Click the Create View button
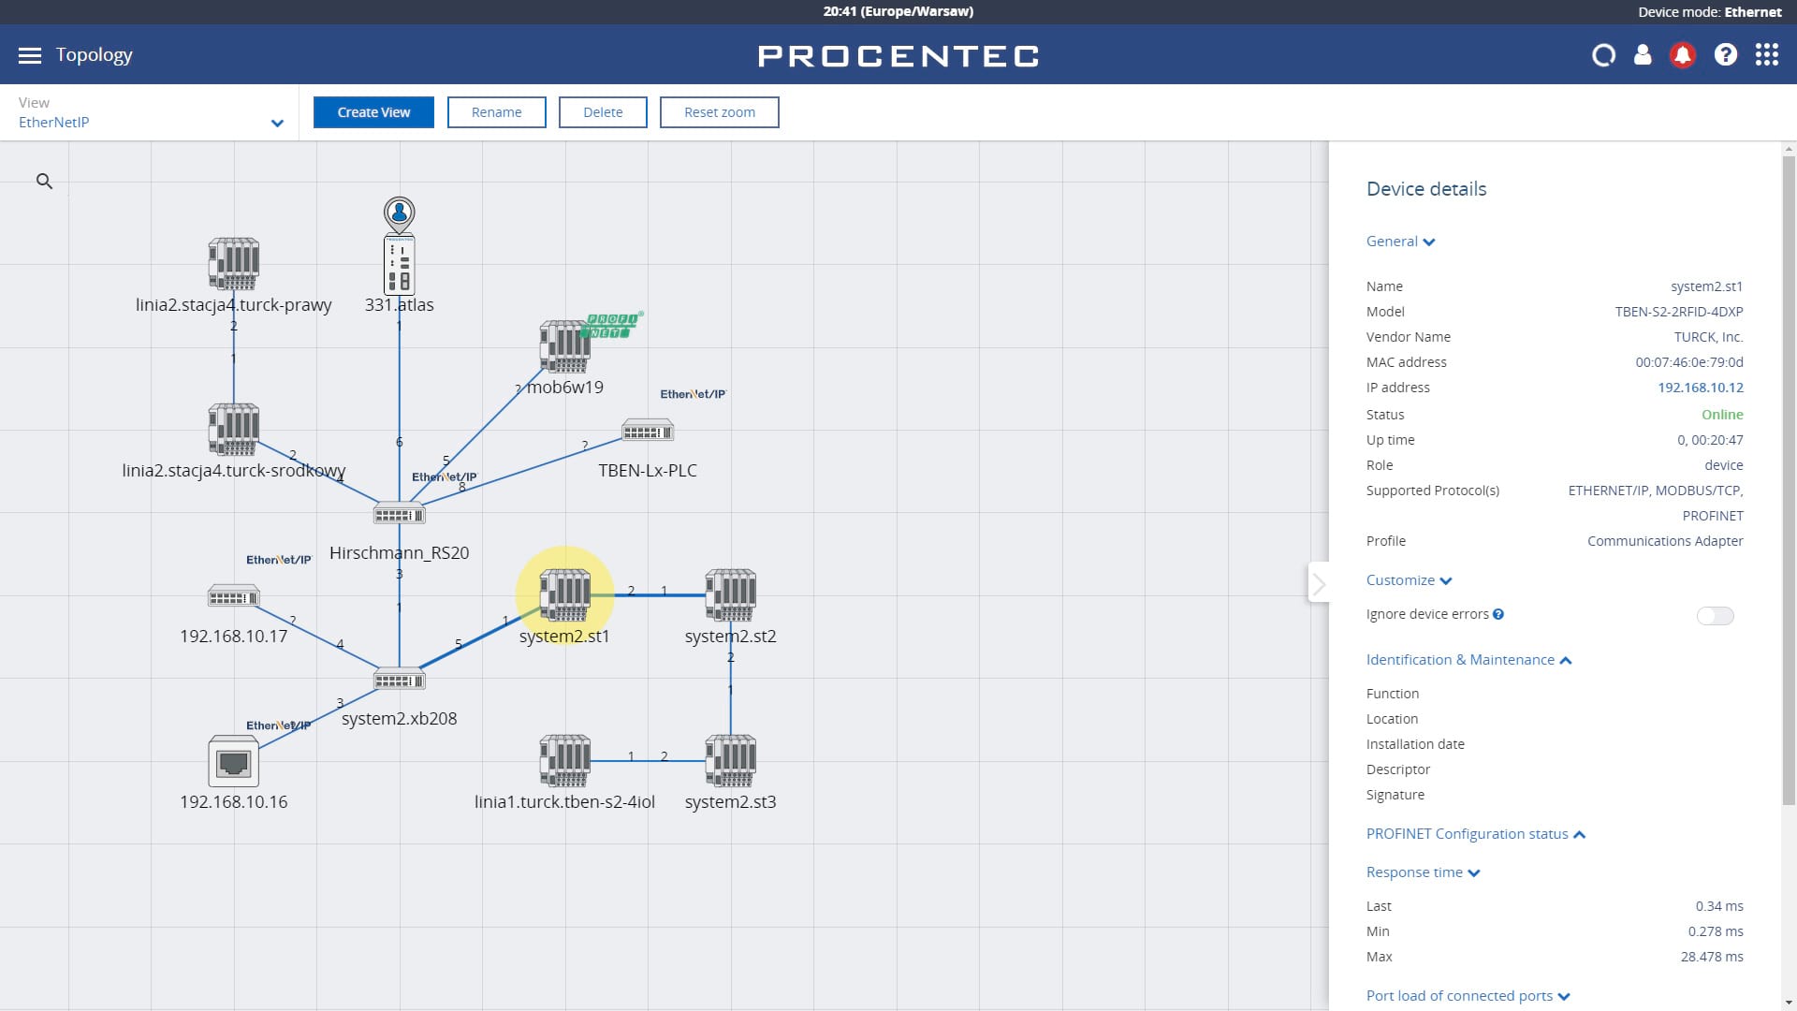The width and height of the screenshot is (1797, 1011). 373,112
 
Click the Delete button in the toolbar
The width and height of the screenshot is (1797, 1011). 603,112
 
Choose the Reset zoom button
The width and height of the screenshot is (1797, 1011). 719,112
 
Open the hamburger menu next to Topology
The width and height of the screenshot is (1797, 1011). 30,55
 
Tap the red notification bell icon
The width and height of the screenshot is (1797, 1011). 1682,55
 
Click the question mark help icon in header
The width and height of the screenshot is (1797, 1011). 1725,55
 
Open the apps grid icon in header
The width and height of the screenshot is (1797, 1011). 1766,55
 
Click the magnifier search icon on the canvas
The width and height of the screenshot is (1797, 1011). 44,182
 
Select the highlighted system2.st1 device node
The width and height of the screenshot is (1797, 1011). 564,594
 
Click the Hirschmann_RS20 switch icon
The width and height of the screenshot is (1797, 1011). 400,514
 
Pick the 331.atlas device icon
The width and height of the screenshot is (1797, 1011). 400,265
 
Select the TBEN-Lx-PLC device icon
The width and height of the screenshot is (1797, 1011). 648,431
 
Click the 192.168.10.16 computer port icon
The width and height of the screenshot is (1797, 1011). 233,761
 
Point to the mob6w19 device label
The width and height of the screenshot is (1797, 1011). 565,388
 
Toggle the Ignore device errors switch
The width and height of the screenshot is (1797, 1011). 1715,616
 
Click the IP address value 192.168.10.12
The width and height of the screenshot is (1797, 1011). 1701,388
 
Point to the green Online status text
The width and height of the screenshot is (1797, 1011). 1722,415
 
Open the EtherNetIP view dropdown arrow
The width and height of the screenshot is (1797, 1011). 277,123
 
